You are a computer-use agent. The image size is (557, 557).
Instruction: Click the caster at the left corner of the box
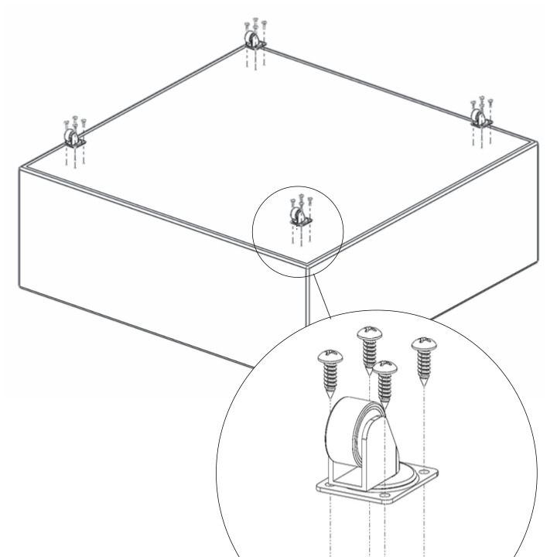coord(73,138)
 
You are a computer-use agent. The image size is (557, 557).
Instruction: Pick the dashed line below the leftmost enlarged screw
coord(331,526)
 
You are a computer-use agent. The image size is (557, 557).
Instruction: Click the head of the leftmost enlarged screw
coord(330,356)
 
